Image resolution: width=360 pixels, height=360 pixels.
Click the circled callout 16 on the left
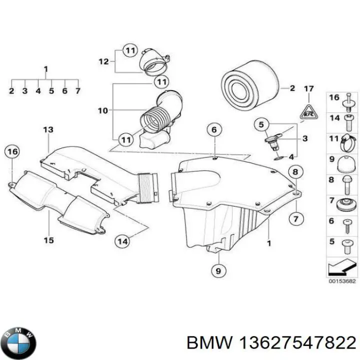tap(12, 151)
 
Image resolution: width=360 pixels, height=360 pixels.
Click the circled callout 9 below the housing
tap(217, 271)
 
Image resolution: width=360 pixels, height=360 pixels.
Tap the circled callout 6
tap(213, 130)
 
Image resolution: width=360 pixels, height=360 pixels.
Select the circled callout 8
tap(295, 172)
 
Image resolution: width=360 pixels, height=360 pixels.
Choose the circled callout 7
tap(295, 217)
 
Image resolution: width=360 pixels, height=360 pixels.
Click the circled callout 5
tap(260, 123)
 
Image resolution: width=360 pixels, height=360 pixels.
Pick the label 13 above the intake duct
tap(48, 130)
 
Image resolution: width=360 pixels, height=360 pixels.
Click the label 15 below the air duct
tap(48, 240)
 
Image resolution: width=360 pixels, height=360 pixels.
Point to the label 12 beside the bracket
tap(103, 62)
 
